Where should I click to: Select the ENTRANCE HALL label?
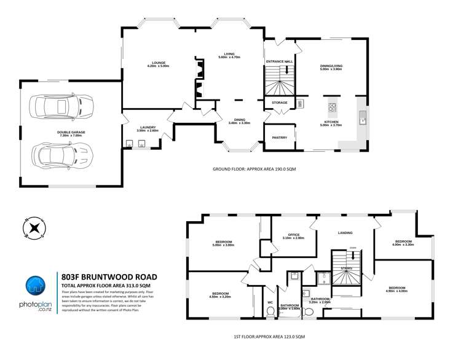[279, 63]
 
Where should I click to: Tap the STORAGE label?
[280, 103]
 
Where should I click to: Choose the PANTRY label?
[280, 138]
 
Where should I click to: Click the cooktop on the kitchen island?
[332, 108]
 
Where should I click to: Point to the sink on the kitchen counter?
[363, 118]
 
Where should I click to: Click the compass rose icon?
[35, 228]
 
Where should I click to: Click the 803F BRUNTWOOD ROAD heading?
[109, 277]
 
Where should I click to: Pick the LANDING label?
[345, 233]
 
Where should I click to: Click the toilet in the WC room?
[270, 311]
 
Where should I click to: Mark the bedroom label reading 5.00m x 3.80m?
[224, 244]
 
